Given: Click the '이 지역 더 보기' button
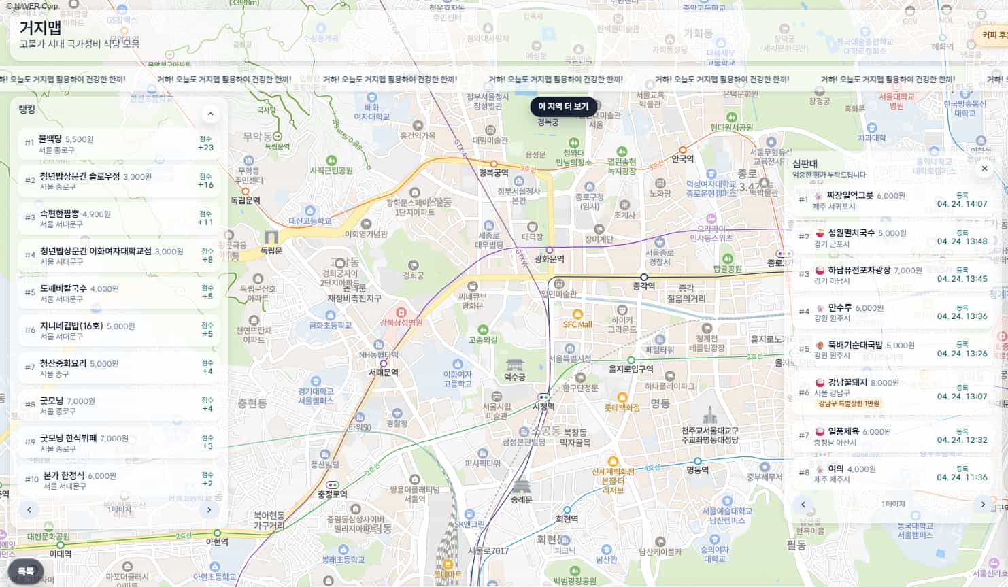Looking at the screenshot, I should coord(563,107).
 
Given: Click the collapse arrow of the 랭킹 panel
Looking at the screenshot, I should coord(210,114).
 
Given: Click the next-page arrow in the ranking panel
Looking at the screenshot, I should coord(209,509).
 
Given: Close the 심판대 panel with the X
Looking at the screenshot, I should coord(984,169).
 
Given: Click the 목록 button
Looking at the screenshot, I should coord(26,571).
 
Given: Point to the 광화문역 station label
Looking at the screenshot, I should coord(550,259).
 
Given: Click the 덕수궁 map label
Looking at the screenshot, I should coord(515,377).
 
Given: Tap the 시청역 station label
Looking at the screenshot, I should coord(543,406).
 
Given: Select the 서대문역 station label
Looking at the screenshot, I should coord(384,372).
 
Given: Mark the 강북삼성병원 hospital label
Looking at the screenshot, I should coord(401,322).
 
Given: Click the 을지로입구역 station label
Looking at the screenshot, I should coord(631,369).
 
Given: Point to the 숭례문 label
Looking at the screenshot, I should coord(522,499).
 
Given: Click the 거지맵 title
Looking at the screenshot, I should coord(40,28).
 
